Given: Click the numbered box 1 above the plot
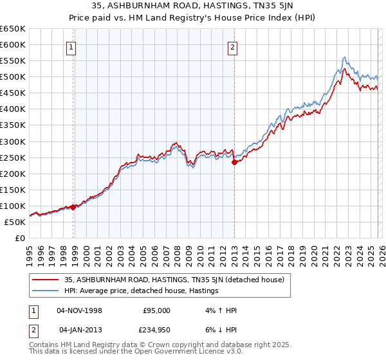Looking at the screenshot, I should pos(70,46).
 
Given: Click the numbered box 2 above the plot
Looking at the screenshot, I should pos(232,46).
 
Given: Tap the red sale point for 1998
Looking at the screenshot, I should pos(73,207).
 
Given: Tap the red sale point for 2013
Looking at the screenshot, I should pos(234,163).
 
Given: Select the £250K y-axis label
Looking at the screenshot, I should pos(13,157).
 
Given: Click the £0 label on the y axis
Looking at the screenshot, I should pos(20,238).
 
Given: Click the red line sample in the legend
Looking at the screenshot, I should pos(46,280).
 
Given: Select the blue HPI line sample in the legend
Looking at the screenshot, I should pos(46,291).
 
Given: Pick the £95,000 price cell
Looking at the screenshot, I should pos(156,310).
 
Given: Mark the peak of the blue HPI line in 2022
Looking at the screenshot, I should pos(345,57).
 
